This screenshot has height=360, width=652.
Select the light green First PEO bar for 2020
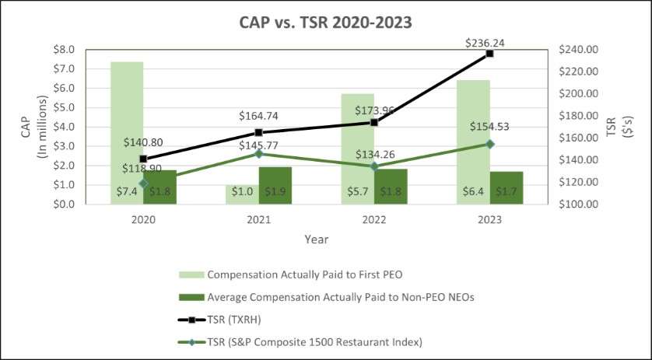pos(127,132)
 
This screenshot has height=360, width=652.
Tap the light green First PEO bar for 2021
pos(242,194)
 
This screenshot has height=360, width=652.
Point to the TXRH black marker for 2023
pos(489,53)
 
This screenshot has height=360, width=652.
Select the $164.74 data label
pos(258,116)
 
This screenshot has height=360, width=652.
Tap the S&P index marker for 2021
pos(258,154)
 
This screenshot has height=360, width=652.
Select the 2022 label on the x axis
pos(374,220)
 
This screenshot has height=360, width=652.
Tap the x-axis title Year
pos(316,238)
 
